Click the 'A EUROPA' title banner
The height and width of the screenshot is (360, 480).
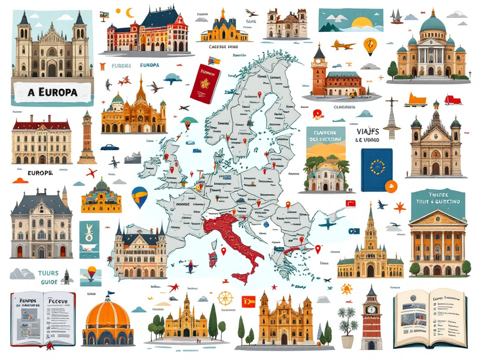pos(52,91)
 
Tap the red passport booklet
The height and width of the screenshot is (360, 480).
pos(205,83)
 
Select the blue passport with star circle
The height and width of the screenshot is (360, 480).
pos(376,170)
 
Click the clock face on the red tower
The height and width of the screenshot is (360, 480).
pos(372,309)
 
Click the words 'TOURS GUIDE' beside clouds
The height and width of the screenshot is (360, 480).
pos(48,277)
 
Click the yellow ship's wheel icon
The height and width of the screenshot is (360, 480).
pos(225,298)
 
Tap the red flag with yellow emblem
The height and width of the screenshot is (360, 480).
pos(248,301)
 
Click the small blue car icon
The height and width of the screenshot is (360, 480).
pos(109,147)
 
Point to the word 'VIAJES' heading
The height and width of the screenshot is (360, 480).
pos(367,132)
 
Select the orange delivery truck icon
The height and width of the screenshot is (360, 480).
pos(417,99)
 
